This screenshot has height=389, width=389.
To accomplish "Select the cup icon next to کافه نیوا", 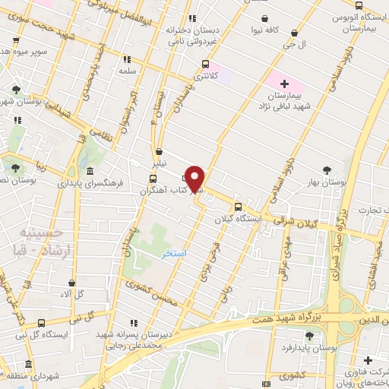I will click(x=264, y=20).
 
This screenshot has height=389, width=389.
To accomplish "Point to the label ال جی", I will click(x=294, y=45).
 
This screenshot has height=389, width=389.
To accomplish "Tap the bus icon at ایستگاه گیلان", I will click(x=238, y=207).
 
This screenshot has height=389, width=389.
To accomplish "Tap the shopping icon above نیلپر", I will click(x=159, y=150).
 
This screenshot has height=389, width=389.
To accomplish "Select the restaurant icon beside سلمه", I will click(x=127, y=59).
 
